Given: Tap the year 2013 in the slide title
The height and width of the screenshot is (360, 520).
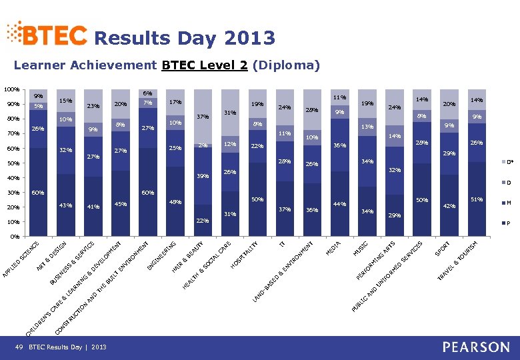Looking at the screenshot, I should pos(250,38).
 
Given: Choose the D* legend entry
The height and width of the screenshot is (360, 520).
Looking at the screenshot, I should pos(508,162).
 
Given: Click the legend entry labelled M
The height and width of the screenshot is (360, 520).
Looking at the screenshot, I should pos(508,203).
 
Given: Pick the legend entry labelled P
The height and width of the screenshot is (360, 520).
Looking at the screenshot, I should pos(508,223).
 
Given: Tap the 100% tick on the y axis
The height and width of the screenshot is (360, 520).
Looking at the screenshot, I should pos(11,89).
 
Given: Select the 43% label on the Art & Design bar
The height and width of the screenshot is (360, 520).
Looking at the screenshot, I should pos(65,205).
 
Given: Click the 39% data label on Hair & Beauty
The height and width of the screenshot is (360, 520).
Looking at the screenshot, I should pos(202,176).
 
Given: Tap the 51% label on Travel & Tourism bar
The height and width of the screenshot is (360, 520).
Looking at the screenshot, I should pos(477,199).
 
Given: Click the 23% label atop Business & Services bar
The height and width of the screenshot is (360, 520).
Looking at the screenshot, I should pos(93,106).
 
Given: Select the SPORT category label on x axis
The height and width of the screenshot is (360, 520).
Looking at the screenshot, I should pos(442,247).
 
